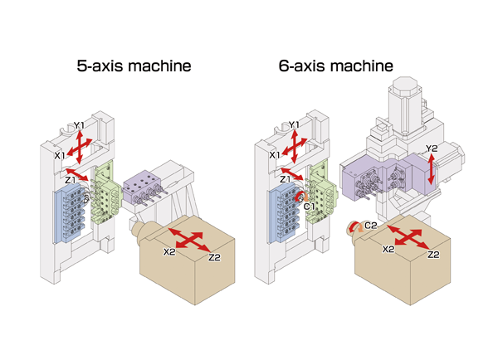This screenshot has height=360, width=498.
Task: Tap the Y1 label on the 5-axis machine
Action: (79, 125)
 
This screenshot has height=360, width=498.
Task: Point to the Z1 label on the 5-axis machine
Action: (71, 179)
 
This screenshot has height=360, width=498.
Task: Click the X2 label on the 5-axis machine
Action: (170, 251)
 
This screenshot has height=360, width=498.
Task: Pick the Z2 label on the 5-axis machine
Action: (214, 257)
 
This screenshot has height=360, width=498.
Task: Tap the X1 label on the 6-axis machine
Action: (274, 155)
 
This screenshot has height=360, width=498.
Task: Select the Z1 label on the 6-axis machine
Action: (285, 179)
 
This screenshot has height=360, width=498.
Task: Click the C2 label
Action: (371, 225)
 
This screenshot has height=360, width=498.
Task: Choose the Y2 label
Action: (431, 149)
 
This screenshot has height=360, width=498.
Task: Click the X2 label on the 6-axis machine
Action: (388, 248)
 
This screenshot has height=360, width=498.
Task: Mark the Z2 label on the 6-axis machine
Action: (432, 255)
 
